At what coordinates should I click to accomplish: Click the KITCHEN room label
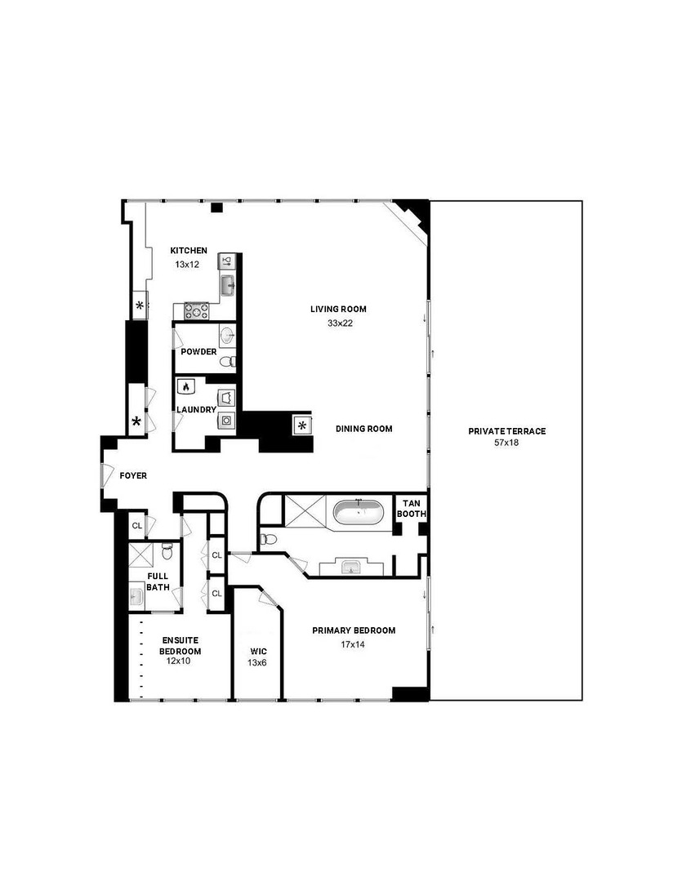189,251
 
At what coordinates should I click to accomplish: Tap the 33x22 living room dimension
337,323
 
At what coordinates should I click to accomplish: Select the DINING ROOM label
364,429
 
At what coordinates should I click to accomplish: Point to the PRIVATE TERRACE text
506,431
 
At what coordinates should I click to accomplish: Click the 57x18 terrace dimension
506,443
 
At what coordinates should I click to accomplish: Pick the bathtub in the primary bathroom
358,513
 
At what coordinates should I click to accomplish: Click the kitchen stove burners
196,310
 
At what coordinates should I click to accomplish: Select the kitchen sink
227,286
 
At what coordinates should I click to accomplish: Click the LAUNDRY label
196,410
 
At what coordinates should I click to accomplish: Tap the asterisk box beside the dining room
302,425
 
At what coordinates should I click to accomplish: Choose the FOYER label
133,475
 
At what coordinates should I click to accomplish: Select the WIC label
257,652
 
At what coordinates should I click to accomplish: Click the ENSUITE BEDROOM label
181,645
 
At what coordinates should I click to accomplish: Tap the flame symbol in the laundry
186,387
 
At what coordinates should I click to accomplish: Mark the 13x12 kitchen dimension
187,265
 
